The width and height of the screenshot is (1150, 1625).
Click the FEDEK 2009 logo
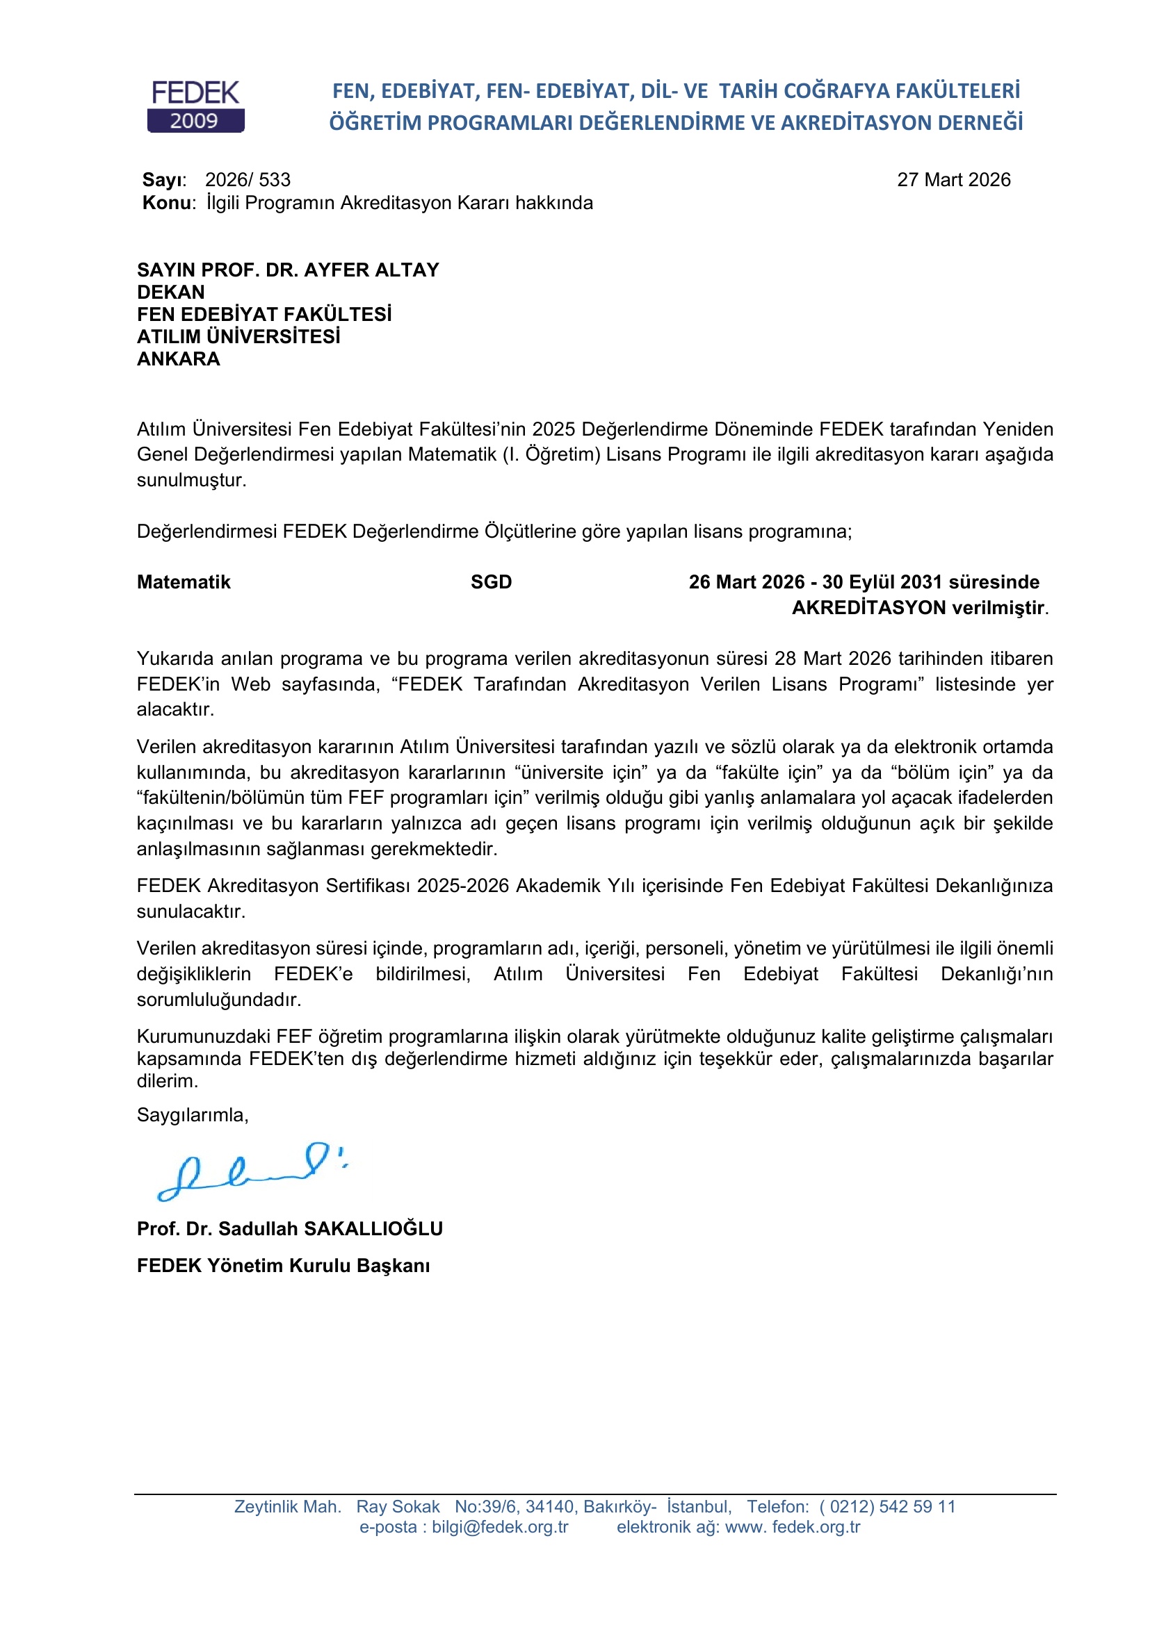(x=195, y=107)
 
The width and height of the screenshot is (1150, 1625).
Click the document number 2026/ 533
(x=248, y=180)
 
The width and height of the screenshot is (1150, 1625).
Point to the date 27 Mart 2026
(x=953, y=180)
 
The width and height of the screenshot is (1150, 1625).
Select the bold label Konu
(x=166, y=203)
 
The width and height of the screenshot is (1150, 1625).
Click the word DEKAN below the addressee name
(x=170, y=292)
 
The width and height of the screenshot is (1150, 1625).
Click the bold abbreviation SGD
(x=491, y=581)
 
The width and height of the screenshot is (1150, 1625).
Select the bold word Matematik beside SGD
(x=184, y=581)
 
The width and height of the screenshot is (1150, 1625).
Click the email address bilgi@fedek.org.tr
(x=500, y=1526)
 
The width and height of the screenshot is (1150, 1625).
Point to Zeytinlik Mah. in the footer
(x=288, y=1507)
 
